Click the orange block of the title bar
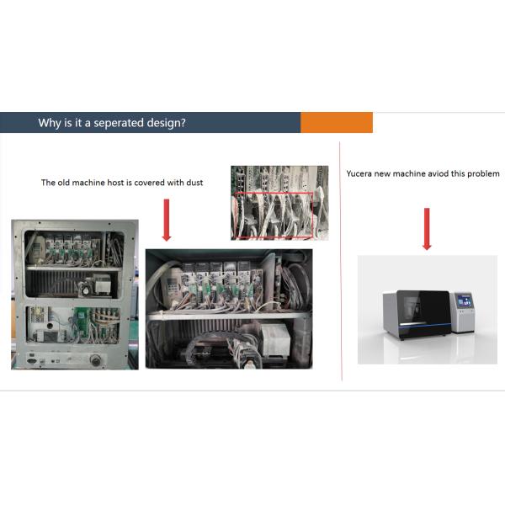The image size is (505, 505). click(x=337, y=122)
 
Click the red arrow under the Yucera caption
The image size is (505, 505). click(x=427, y=229)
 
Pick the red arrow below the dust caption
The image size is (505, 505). click(x=167, y=220)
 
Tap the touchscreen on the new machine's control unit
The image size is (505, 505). click(x=465, y=300)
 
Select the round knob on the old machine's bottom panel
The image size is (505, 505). click(x=96, y=359)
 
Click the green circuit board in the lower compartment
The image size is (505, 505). click(x=81, y=322)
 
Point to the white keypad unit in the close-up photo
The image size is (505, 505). click(x=171, y=288)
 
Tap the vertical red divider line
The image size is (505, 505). click(x=340, y=261)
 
